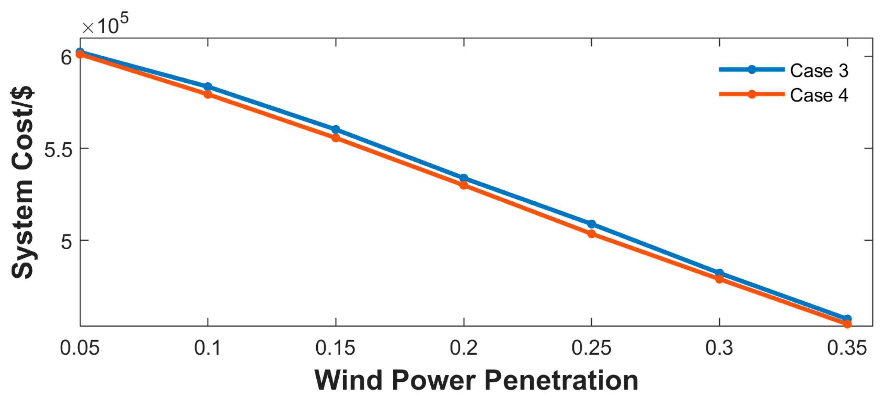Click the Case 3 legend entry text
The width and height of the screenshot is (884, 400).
[x=819, y=70]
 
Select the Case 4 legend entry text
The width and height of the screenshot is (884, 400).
[x=819, y=95]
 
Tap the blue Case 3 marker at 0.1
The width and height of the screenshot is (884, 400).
[x=208, y=86]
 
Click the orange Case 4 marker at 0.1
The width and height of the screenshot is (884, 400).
[x=208, y=94]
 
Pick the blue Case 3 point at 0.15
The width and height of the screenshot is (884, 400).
[x=336, y=129]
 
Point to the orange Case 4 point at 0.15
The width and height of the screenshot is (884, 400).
[x=336, y=138]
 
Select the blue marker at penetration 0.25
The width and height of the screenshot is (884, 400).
[x=591, y=224]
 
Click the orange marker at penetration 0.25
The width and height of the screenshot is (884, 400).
[x=591, y=234]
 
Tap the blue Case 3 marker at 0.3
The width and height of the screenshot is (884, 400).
[x=719, y=273]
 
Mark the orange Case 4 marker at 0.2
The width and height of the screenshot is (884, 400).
[x=464, y=185]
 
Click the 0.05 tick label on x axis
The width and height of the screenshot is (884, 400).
[x=80, y=348]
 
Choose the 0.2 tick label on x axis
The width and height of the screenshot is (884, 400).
[x=464, y=348]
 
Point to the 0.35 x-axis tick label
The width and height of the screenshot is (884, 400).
[x=847, y=348]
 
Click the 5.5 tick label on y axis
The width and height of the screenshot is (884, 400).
[x=58, y=149]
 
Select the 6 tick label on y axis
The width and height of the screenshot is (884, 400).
[x=66, y=57]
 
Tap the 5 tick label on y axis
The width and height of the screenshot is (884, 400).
[x=67, y=241]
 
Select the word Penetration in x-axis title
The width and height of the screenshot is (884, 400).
[x=561, y=381]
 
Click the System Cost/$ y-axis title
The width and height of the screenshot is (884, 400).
[x=22, y=182]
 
